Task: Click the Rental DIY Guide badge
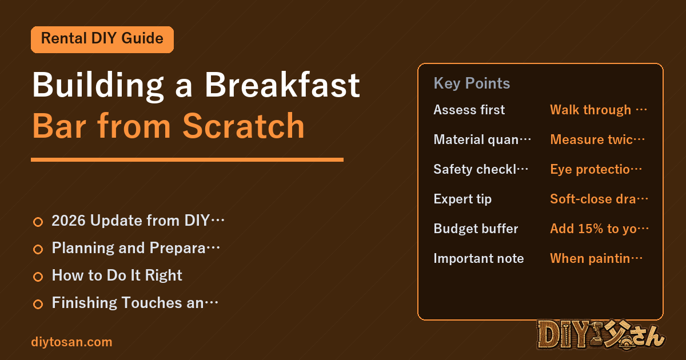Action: tap(102, 39)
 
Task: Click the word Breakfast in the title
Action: tap(282, 85)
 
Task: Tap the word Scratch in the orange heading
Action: tap(244, 126)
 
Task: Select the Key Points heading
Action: tap(472, 83)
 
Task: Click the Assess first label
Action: tap(469, 110)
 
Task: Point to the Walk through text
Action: tap(599, 110)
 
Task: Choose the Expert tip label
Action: tap(462, 199)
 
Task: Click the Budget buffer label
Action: tap(476, 229)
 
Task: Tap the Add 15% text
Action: tap(599, 229)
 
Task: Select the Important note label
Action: tap(478, 258)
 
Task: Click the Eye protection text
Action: tap(596, 169)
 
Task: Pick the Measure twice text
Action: tap(597, 139)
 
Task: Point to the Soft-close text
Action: tap(599, 199)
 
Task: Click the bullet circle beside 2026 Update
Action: tap(38, 222)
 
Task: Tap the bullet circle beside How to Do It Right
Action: tap(38, 277)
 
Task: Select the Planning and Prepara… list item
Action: tap(135, 248)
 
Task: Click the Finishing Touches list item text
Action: tap(135, 303)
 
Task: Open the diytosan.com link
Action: tap(71, 342)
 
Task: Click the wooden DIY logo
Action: tap(601, 335)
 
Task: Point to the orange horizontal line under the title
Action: tap(187, 159)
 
